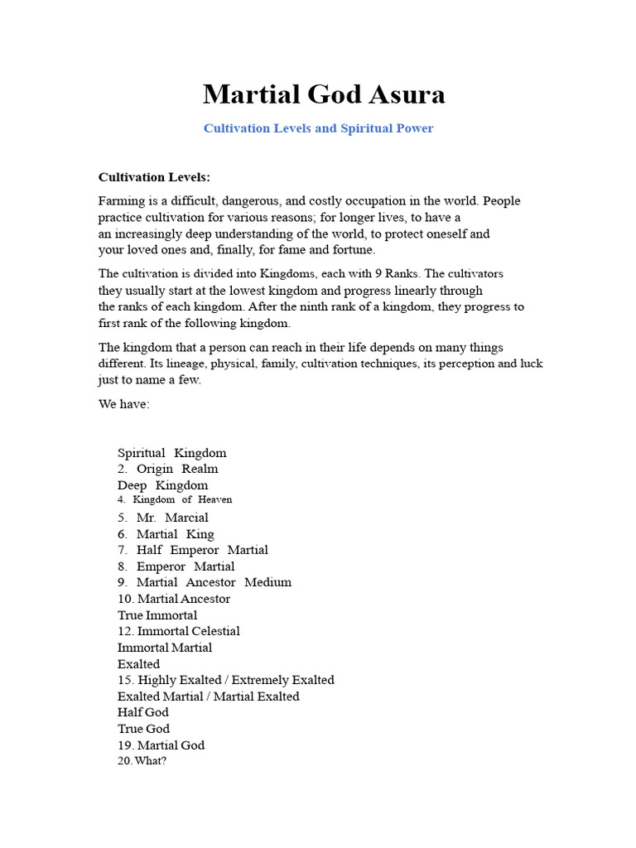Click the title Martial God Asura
(324, 94)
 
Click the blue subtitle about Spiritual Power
(318, 128)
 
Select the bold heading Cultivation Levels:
(154, 177)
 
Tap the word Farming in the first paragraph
(121, 201)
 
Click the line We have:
(124, 404)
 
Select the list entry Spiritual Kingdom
(171, 453)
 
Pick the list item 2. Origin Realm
(168, 469)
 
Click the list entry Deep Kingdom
(162, 485)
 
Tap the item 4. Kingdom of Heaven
(175, 500)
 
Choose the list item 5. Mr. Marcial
(163, 518)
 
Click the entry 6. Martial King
(166, 534)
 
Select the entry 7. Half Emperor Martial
(193, 550)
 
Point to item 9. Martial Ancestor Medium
(205, 582)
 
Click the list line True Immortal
(157, 615)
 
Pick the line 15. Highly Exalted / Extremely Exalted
(226, 680)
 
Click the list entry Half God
(143, 712)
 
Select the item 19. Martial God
(161, 745)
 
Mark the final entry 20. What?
(142, 761)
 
